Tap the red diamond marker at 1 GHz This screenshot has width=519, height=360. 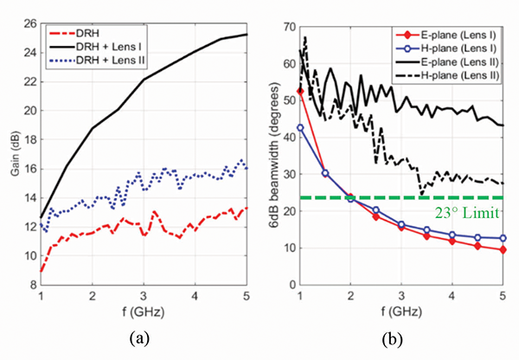tap(299, 91)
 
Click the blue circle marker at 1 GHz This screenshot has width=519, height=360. tap(299, 127)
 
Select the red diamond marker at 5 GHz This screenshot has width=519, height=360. tap(503, 249)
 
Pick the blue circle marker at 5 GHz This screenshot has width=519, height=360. tap(503, 238)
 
